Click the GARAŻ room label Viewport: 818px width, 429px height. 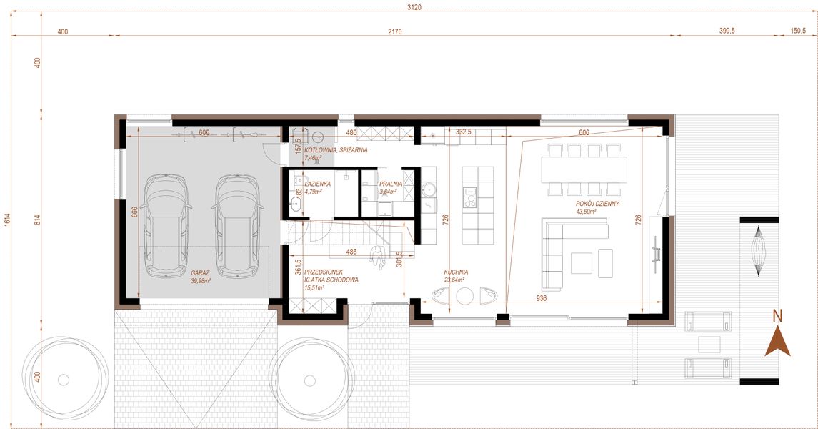(x=200, y=272)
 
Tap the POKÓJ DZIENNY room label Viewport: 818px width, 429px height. (x=597, y=204)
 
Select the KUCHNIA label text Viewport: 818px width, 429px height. (x=455, y=272)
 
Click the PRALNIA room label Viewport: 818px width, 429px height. (x=391, y=184)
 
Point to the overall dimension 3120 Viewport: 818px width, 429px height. (x=414, y=7)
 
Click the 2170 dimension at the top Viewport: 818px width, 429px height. (x=395, y=31)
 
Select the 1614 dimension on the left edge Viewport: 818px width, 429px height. (x=7, y=220)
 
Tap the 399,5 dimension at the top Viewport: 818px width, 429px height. (x=726, y=31)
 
